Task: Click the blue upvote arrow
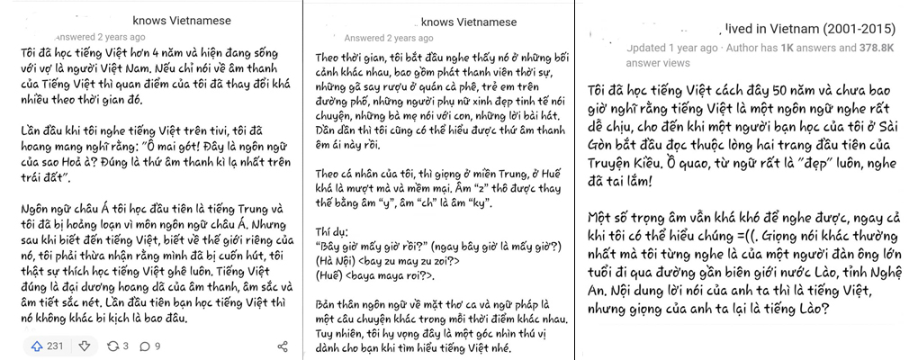click(37, 346)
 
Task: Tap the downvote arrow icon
click(84, 346)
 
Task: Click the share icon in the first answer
click(282, 346)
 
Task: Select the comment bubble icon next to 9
click(145, 346)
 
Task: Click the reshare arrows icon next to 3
click(112, 346)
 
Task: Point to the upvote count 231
click(56, 346)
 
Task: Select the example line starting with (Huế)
click(372, 274)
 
